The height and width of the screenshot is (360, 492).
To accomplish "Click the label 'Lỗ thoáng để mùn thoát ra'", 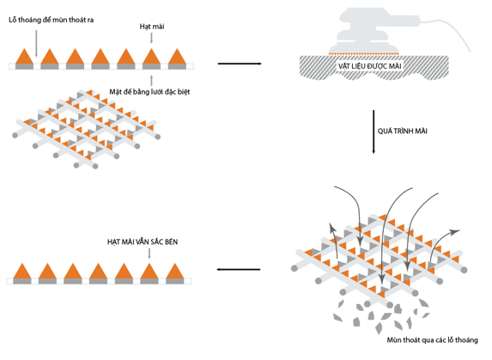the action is [52, 20].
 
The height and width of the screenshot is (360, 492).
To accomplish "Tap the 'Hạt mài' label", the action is [152, 27].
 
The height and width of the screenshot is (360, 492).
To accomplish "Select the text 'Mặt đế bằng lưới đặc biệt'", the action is [149, 92].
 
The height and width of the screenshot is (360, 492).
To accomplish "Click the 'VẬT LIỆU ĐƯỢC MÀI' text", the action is [369, 66].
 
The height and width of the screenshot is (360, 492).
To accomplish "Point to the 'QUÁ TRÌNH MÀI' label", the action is [402, 131].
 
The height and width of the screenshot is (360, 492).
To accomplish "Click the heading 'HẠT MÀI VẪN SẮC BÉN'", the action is [143, 242].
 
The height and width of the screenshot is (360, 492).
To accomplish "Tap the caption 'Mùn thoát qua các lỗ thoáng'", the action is [433, 340].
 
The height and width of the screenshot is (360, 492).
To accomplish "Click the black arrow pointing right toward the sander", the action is [240, 64].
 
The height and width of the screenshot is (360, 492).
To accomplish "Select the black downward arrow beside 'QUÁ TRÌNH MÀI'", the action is [374, 131].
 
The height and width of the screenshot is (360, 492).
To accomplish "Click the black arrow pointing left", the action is [239, 269].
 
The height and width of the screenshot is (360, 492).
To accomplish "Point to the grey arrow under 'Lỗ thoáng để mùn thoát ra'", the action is [36, 44].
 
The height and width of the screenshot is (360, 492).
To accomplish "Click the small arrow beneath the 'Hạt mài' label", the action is [152, 38].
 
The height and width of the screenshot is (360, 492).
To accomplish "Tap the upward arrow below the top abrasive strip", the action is [152, 81].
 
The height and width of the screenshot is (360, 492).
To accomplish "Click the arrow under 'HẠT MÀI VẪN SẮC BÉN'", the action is [149, 253].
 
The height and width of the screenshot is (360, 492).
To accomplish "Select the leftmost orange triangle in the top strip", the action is [25, 57].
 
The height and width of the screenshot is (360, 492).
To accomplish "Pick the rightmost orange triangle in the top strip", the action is [177, 57].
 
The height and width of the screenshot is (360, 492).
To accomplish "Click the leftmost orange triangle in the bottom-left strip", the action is [22, 272].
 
